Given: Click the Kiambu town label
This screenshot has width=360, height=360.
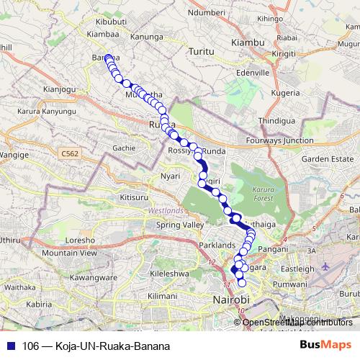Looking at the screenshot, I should pos(248,44).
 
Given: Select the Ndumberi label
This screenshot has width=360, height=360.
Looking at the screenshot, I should pos(207,12).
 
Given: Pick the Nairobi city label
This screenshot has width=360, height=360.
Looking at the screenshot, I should pos(230,298).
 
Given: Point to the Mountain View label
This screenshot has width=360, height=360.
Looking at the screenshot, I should pos(69,253).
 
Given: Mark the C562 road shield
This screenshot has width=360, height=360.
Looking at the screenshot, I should pos(70,153).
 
